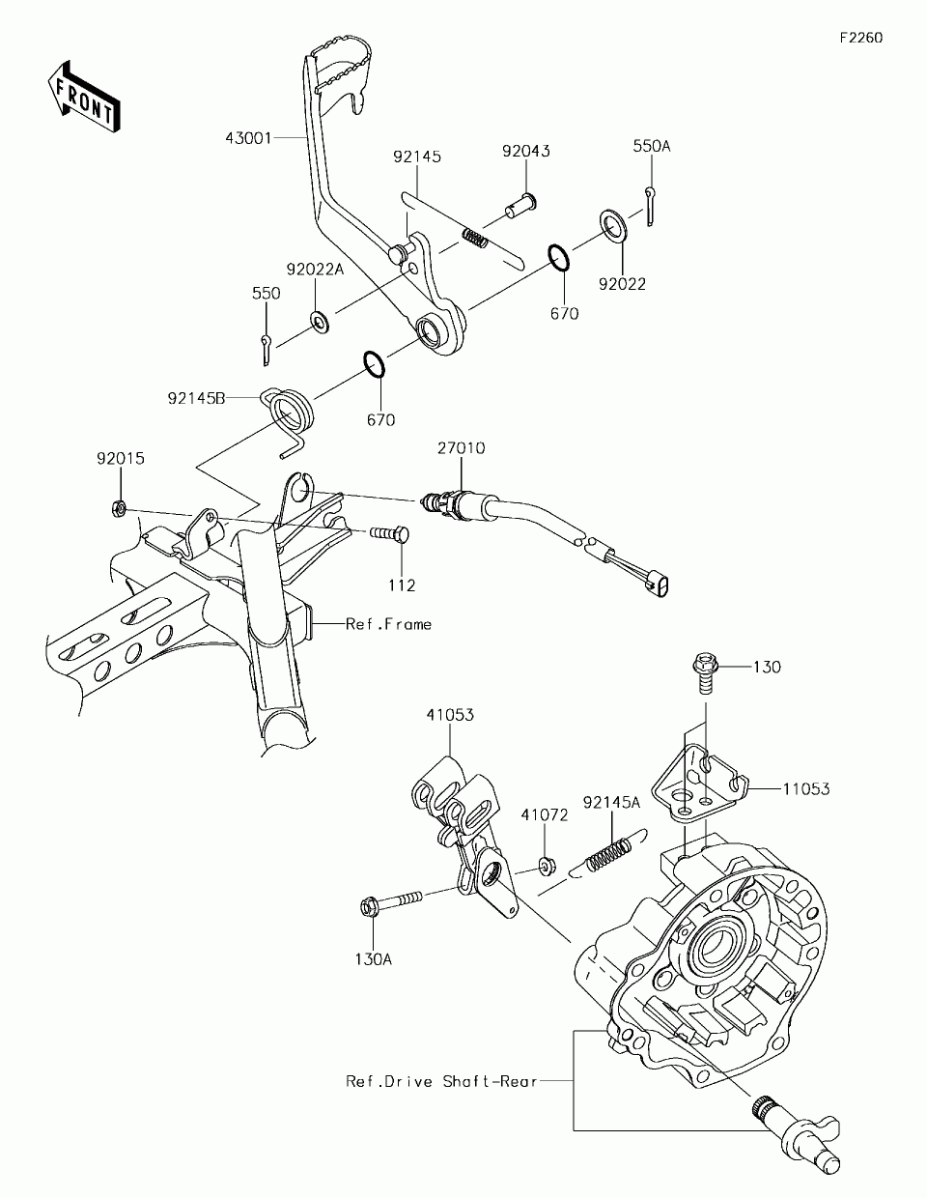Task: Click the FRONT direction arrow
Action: pyautogui.click(x=84, y=96)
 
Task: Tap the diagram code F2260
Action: pyautogui.click(x=861, y=38)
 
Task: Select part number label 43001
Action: pyautogui.click(x=248, y=138)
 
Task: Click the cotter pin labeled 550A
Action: pyautogui.click(x=651, y=206)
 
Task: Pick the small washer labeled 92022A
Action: pyautogui.click(x=320, y=322)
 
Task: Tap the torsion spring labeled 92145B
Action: pyautogui.click(x=287, y=419)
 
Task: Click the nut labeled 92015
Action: pyautogui.click(x=118, y=508)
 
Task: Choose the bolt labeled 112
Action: pyautogui.click(x=390, y=533)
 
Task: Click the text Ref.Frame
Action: pyautogui.click(x=389, y=625)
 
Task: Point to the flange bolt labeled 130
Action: pyautogui.click(x=705, y=673)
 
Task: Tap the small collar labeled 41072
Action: pyautogui.click(x=547, y=866)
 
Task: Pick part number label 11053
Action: pyautogui.click(x=807, y=789)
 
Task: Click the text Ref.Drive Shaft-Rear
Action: pyautogui.click(x=441, y=1081)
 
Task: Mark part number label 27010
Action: pyautogui.click(x=462, y=448)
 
